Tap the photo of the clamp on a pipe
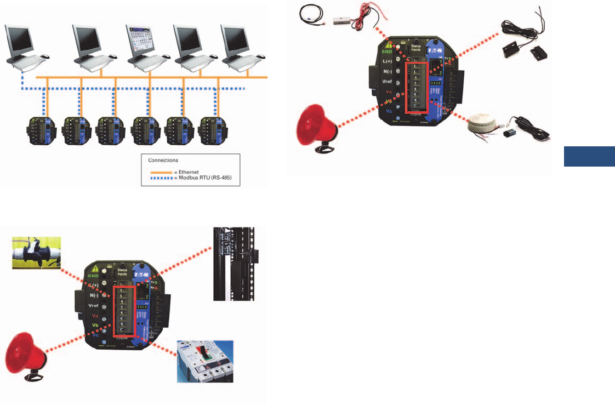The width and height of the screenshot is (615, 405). [36, 254]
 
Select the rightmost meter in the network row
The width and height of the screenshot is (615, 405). [213, 130]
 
